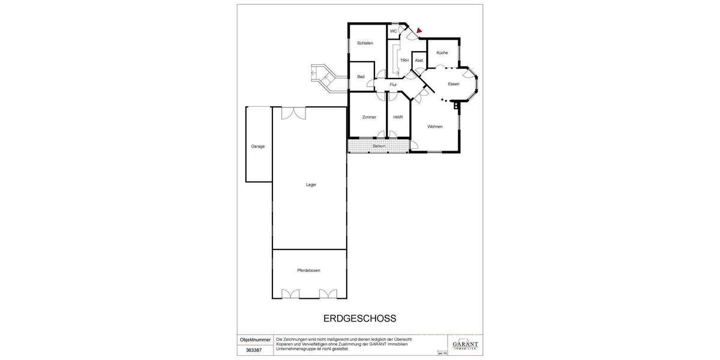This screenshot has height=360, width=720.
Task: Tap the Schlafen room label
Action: point(365,43)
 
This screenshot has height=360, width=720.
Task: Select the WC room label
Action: point(394,31)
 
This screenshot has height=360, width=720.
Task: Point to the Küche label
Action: point(442,53)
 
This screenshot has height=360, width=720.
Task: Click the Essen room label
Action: point(454,84)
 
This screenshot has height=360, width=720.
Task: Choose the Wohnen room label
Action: point(435,127)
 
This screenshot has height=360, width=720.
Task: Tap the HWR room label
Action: point(398,117)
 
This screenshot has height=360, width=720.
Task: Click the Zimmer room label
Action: point(369,117)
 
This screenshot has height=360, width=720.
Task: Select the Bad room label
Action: point(361,77)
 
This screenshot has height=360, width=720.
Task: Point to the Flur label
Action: point(393,85)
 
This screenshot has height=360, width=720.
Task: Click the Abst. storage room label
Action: point(419,61)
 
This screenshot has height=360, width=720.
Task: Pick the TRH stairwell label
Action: point(404,61)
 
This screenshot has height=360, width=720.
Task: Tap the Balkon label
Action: point(379,146)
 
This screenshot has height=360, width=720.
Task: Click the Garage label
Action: point(258,146)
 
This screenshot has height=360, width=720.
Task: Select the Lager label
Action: point(310,185)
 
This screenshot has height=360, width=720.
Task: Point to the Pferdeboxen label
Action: point(308,271)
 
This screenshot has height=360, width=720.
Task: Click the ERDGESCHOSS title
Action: point(360,319)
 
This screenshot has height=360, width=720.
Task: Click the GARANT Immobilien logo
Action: point(465,342)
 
